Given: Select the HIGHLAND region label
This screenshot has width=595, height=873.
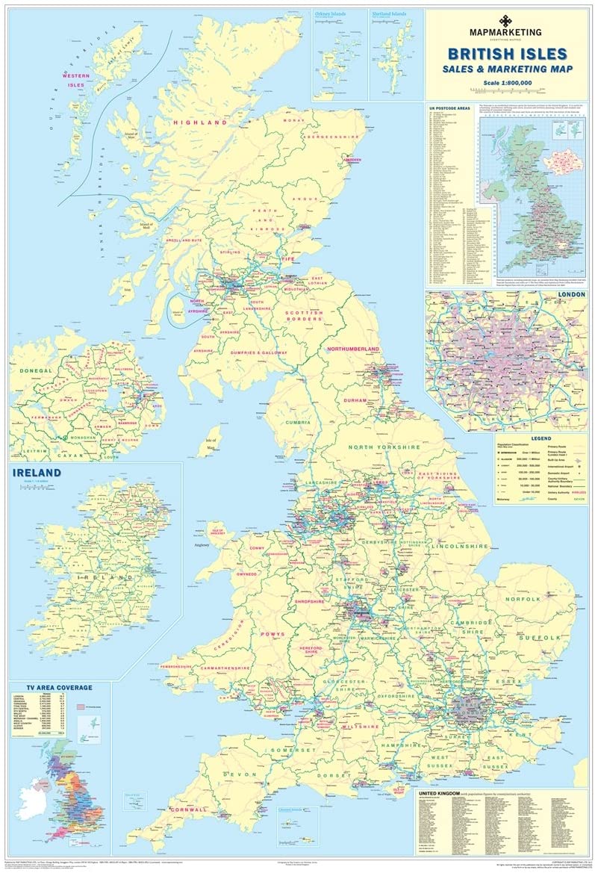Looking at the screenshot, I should (199, 122).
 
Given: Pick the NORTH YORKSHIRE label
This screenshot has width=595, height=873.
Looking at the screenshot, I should (384, 447).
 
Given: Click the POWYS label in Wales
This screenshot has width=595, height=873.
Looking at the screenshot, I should (272, 634).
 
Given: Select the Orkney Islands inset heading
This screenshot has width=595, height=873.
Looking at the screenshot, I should (333, 14).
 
